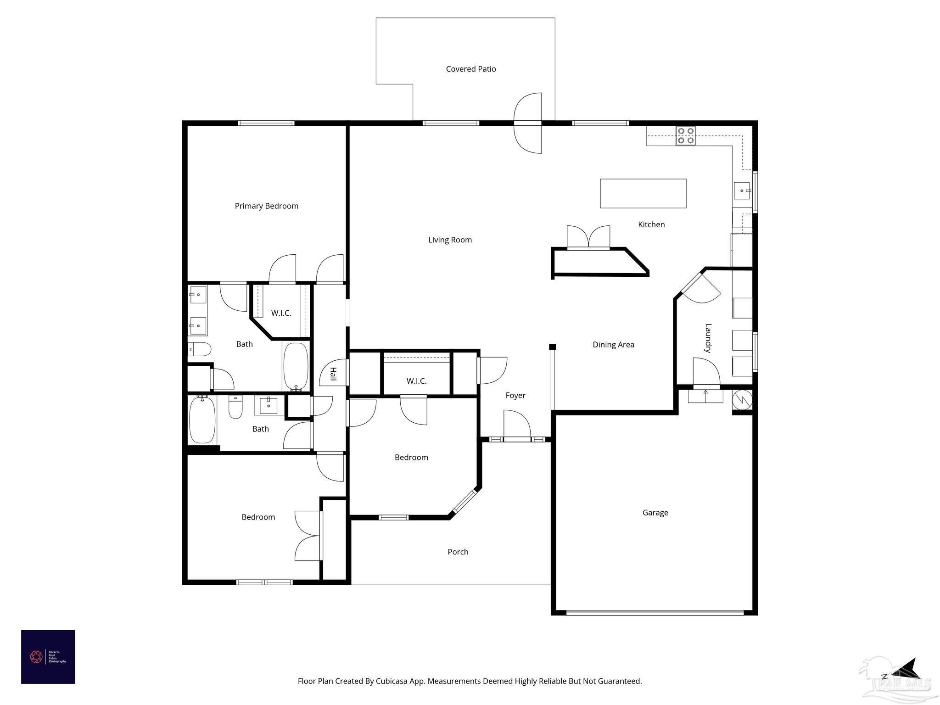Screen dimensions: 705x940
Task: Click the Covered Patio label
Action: [470, 69]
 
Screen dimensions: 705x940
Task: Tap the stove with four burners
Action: [685, 136]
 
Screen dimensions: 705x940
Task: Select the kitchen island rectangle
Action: [643, 193]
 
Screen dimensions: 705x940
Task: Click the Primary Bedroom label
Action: [266, 206]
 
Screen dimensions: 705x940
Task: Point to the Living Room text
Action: [449, 240]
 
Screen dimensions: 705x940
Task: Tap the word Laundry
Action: [708, 338]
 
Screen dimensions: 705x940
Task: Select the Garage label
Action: [655, 513]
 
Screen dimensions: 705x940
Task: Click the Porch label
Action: [458, 552]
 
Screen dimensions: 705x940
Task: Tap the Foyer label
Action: [515, 395]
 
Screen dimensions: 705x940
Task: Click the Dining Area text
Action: [613, 345]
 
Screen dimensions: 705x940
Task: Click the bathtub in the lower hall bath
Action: [202, 420]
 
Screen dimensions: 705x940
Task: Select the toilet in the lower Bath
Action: [235, 408]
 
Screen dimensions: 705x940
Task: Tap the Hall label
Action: [333, 374]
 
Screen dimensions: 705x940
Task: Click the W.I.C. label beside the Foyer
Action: [416, 381]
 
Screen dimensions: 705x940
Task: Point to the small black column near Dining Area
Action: [553, 347]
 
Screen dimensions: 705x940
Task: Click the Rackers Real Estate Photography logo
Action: [48, 656]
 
